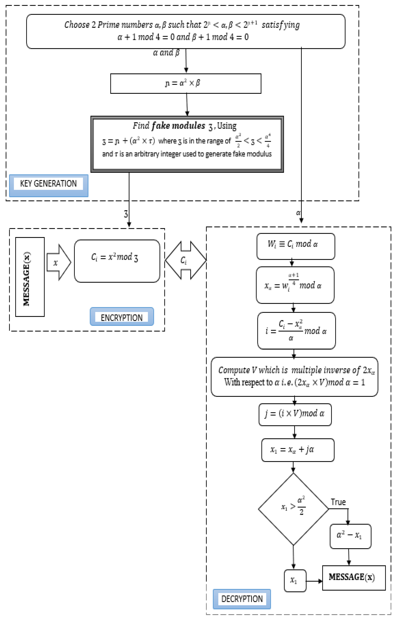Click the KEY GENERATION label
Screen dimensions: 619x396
(48, 184)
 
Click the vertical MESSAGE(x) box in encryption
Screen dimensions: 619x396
(30, 277)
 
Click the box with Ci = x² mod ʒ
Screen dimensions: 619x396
(117, 261)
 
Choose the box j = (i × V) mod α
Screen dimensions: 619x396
(295, 414)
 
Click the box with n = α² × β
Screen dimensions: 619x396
(186, 84)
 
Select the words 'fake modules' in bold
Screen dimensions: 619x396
(178, 126)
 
